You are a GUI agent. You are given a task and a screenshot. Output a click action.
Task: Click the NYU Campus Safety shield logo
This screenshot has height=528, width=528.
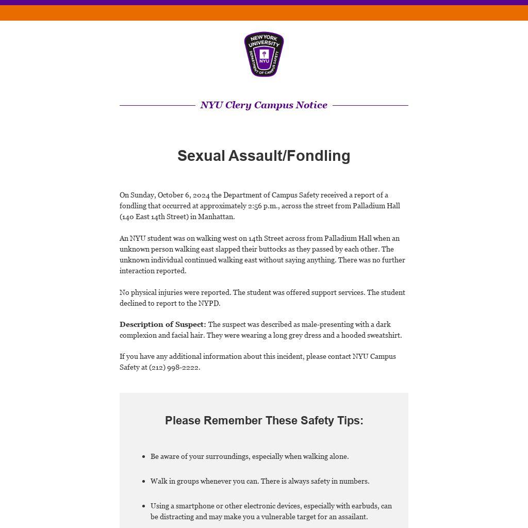pos(264,54)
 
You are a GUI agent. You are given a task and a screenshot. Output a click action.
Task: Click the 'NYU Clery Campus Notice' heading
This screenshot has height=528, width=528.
pos(264,105)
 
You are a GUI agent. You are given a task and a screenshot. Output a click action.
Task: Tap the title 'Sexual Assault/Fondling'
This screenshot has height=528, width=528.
pos(264,156)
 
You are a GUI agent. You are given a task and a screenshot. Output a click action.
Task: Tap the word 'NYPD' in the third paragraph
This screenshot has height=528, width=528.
pos(208,303)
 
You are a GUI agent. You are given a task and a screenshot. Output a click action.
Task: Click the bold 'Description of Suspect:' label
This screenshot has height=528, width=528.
pos(162,324)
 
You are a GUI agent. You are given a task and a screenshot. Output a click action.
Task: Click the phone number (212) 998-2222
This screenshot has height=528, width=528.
pos(174,367)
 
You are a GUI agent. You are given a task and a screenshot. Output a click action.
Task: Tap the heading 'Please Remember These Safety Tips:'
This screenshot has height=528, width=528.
pos(264,421)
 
